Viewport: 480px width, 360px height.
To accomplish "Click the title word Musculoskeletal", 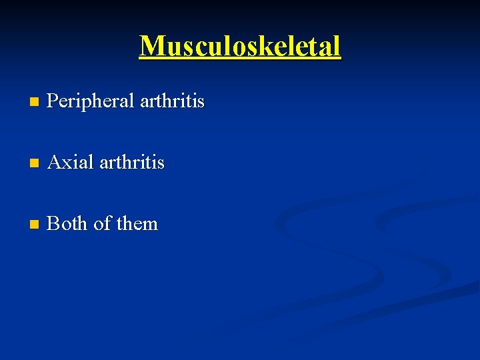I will pyautogui.click(x=240, y=46).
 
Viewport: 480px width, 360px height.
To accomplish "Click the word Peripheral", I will pyautogui.click(x=91, y=102).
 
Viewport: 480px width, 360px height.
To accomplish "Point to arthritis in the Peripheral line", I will pyautogui.click(x=172, y=101).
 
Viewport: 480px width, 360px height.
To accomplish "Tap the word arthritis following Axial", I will pyautogui.click(x=131, y=163).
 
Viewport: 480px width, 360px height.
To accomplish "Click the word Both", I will pyautogui.click(x=68, y=223).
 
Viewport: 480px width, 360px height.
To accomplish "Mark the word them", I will pyautogui.click(x=137, y=223).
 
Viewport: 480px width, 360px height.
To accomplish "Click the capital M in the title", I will pyautogui.click(x=153, y=46).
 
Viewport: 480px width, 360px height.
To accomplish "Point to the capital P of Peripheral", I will pyautogui.click(x=54, y=101).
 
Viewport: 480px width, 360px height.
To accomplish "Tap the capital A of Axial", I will pyautogui.click(x=55, y=163).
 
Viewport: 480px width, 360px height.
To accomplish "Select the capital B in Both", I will pyautogui.click(x=54, y=223).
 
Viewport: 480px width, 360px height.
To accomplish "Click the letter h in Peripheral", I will pyautogui.click(x=103, y=101).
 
